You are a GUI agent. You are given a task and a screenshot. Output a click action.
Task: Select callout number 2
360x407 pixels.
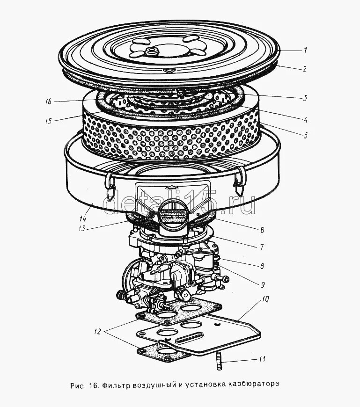[x=305, y=69]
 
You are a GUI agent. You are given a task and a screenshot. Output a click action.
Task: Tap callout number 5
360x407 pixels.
[x=305, y=136]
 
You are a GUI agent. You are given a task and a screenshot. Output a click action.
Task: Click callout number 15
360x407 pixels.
[x=48, y=121]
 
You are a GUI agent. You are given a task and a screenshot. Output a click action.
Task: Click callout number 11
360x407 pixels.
[x=262, y=359]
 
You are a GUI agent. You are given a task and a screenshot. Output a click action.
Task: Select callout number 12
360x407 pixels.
[x=97, y=332]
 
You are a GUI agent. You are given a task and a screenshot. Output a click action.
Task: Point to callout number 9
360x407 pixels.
[x=263, y=284]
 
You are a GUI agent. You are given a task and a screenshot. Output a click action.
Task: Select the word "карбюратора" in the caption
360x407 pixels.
[x=254, y=385]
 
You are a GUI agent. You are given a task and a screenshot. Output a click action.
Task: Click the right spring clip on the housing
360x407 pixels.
[x=240, y=182]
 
